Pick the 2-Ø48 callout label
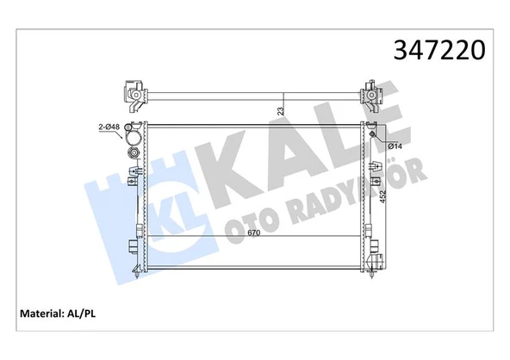click(x=109, y=127)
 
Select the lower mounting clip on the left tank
click(x=134, y=246)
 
